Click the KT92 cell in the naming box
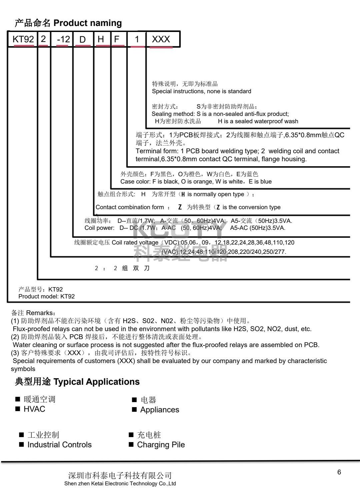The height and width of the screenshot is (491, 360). (x=23, y=39)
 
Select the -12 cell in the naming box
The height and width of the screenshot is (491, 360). (x=63, y=39)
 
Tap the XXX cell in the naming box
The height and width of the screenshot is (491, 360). (x=161, y=39)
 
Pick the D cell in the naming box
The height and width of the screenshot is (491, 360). (x=82, y=39)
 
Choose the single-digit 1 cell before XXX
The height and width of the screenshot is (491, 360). (x=137, y=39)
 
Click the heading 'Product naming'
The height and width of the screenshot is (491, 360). (x=88, y=23)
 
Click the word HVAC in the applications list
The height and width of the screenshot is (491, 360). (x=34, y=409)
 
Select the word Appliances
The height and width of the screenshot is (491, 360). (x=160, y=410)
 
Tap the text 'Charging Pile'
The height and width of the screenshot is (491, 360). (x=161, y=445)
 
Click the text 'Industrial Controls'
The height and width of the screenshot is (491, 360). (x=59, y=445)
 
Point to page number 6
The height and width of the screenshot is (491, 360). (x=339, y=472)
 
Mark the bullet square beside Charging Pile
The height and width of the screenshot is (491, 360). (x=131, y=445)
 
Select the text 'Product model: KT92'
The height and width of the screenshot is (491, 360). (x=46, y=296)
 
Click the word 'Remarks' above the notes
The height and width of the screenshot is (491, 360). (x=39, y=313)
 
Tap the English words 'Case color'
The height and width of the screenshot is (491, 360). (x=133, y=182)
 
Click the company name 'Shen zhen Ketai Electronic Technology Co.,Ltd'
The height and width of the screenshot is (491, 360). (x=120, y=484)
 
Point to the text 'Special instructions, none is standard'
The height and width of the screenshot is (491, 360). (x=201, y=91)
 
